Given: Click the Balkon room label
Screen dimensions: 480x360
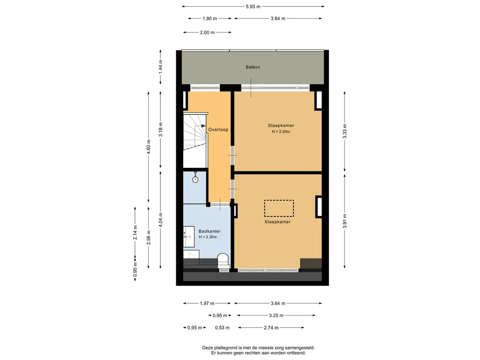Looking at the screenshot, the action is pos(253,67).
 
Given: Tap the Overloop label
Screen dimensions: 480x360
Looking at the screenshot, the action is pos(218,129).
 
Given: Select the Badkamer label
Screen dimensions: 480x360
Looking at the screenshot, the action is pos(210,232).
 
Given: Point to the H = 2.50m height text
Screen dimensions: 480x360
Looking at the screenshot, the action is pos(281,132).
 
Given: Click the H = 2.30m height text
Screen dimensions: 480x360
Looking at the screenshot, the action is pos(208,237).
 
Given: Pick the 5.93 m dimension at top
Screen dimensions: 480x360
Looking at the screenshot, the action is pos(253,7).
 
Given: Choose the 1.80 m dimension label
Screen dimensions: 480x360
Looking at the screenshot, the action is pos(210,19).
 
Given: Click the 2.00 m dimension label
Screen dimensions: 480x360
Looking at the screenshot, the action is pos(207,32).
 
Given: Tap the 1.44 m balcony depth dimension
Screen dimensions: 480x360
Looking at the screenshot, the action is pos(160,67).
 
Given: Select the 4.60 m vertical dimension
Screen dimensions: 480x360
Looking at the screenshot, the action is pos(149,147).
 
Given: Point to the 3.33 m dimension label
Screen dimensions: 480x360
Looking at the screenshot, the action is pos(345,131).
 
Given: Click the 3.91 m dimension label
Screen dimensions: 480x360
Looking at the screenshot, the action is pos(345,221).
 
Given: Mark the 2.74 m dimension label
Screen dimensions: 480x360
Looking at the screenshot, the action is pos(271,328).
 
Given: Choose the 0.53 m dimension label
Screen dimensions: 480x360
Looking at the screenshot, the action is pos(222,328).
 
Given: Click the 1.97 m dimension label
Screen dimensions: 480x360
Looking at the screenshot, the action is pos(207,304).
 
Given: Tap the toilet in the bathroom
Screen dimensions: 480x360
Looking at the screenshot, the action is pos(223,261).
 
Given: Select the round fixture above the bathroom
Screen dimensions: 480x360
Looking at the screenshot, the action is pos(195,180).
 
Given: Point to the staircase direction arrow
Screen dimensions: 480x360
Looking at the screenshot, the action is pos(203,126).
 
